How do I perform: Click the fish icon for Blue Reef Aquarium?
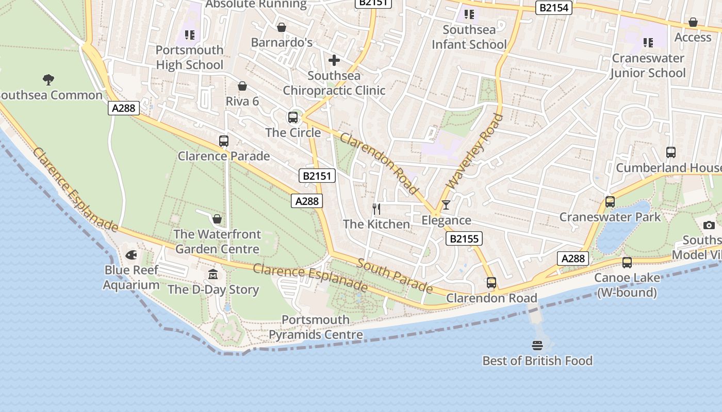tap(131, 255)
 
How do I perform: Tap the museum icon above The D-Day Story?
tap(213, 274)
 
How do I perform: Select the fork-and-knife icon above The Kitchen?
tap(376, 209)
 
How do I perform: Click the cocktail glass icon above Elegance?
tap(446, 205)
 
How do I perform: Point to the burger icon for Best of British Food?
tap(537, 345)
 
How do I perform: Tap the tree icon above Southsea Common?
tap(48, 79)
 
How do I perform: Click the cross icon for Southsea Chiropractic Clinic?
tap(334, 60)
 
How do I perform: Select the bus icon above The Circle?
tap(293, 117)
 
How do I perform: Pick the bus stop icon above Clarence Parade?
tap(224, 141)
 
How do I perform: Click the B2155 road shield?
tap(463, 238)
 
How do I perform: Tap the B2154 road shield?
tap(553, 8)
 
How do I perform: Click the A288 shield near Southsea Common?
tap(123, 108)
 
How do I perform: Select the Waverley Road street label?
tap(474, 151)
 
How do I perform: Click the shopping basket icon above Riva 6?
tap(242, 86)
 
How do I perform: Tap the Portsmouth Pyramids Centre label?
tap(316, 328)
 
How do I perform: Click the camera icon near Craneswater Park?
tap(709, 225)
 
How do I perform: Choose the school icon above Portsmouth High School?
tap(190, 35)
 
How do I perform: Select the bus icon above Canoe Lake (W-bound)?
tap(627, 263)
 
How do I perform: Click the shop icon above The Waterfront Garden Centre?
tap(217, 219)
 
